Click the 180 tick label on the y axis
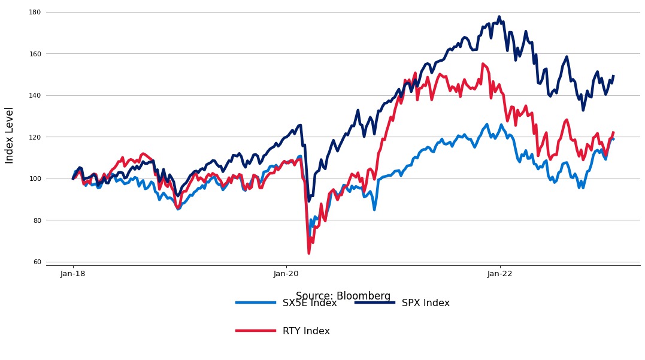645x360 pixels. (x=35, y=12)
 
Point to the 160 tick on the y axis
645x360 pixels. (x=35, y=54)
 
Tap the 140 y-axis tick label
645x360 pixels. (x=35, y=95)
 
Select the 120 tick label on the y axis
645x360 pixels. (x=35, y=137)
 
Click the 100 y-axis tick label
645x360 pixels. (x=35, y=179)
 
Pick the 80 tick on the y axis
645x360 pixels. (x=37, y=220)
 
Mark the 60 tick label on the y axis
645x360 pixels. (x=37, y=262)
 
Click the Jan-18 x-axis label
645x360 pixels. (x=73, y=274)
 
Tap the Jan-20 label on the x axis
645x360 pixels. (x=286, y=274)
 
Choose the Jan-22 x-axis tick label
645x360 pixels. (x=500, y=274)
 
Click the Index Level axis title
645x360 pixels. (x=10, y=135)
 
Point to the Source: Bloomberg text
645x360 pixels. (x=343, y=296)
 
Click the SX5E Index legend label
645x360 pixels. (x=310, y=303)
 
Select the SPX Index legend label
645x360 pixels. (x=425, y=303)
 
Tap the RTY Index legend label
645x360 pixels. (x=306, y=331)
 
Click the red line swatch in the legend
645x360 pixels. (x=256, y=331)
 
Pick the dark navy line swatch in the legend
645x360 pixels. (x=375, y=302)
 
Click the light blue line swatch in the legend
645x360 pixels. (x=256, y=302)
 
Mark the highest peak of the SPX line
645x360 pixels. (x=499, y=17)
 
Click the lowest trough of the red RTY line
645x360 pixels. (x=309, y=253)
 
